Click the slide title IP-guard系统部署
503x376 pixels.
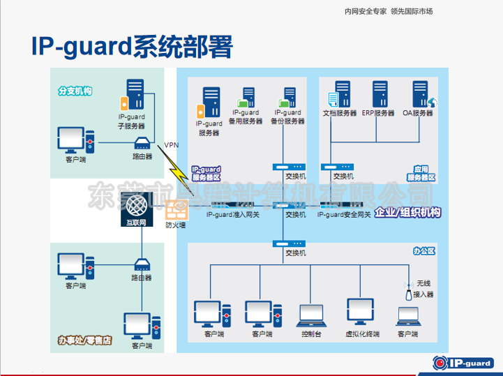click(x=132, y=47)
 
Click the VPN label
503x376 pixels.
click(x=171, y=145)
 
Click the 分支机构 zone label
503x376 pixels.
click(x=75, y=91)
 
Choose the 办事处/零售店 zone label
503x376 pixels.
click(x=85, y=340)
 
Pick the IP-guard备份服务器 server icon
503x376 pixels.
click(x=290, y=96)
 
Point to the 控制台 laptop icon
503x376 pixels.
click(x=310, y=315)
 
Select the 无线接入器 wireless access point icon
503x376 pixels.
click(x=408, y=293)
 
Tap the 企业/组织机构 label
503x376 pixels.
click(x=407, y=213)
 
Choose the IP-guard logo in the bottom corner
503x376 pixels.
click(x=462, y=361)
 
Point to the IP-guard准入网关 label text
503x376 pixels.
click(x=233, y=215)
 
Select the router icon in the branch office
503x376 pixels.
click(x=142, y=144)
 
